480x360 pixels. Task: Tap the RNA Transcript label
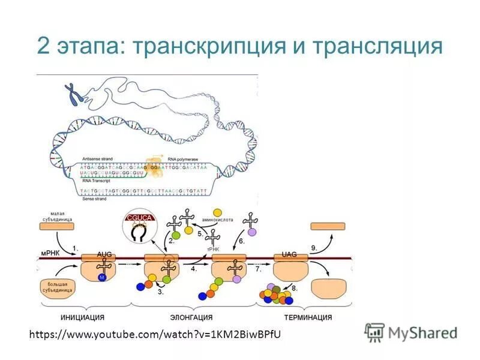tap(97, 180)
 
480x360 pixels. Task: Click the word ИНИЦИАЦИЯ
tap(83, 317)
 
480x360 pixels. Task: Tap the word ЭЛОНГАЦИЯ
tap(191, 317)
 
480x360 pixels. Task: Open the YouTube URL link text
tap(155, 334)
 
